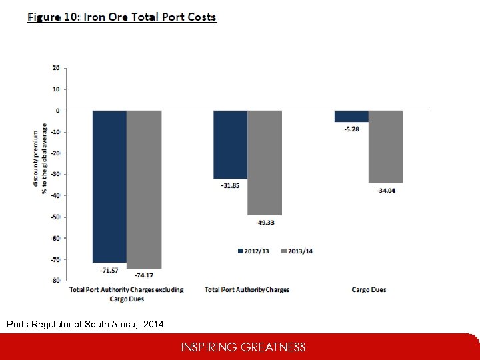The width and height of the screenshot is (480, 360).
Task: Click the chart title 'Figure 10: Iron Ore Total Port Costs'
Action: [121, 17]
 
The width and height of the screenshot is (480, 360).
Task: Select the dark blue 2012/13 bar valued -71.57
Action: [109, 186]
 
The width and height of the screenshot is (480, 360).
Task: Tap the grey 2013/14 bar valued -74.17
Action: [144, 189]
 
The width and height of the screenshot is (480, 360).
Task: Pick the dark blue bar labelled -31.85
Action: [230, 144]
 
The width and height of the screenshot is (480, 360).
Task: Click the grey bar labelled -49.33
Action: [265, 163]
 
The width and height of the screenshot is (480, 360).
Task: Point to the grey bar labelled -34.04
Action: [385, 147]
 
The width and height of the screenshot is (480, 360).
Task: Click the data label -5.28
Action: [351, 129]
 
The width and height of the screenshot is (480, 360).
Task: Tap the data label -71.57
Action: [109, 271]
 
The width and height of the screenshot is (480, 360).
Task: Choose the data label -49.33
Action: [265, 222]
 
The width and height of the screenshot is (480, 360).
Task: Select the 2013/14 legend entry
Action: [298, 251]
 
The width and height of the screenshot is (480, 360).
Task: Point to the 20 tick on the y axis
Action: [56, 67]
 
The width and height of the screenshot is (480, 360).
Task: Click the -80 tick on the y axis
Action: [55, 281]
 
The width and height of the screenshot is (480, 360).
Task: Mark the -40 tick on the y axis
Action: [55, 195]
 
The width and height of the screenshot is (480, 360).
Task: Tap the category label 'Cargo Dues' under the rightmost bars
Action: [369, 290]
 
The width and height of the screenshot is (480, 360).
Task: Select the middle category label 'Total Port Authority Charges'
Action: [247, 290]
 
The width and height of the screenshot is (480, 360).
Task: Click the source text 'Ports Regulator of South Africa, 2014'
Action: [84, 325]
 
